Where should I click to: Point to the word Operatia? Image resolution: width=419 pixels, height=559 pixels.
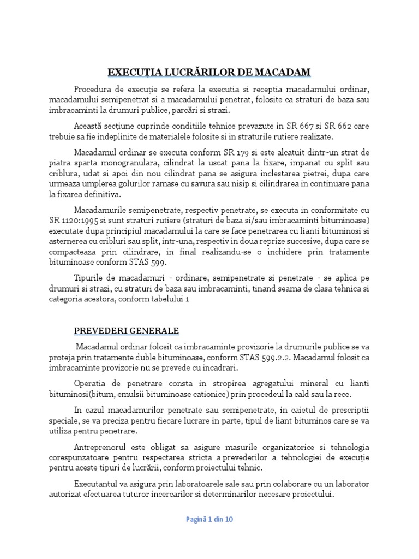pos(92,383)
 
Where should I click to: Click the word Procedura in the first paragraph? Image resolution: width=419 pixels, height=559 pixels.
pos(94,89)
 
